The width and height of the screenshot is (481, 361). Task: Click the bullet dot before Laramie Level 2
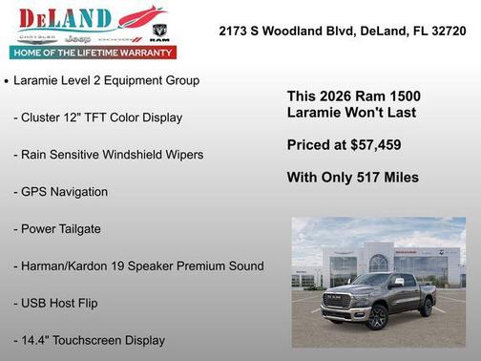[8, 82]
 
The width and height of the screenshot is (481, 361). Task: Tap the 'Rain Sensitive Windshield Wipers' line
[108, 155]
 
